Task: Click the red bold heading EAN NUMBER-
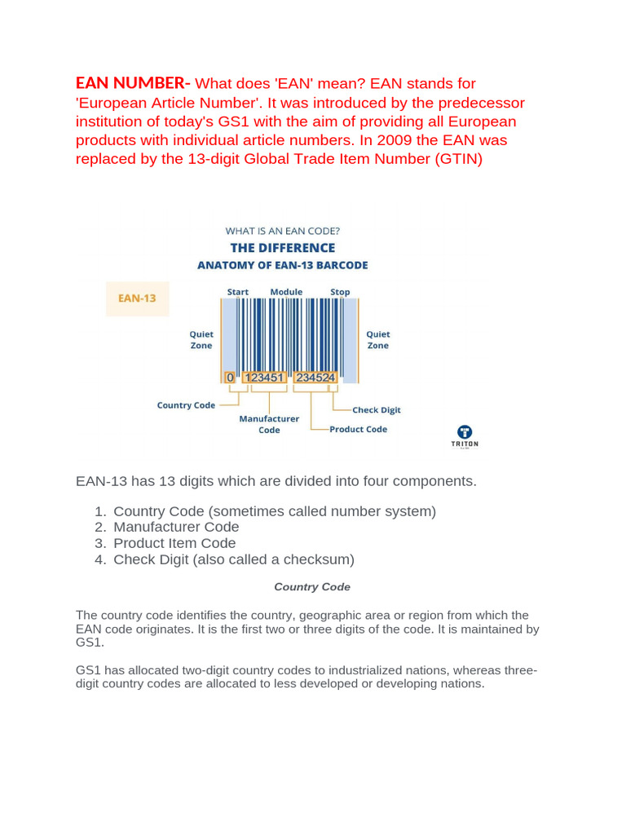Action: [x=133, y=83]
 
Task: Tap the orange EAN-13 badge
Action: [x=137, y=298]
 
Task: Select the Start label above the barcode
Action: [x=238, y=292]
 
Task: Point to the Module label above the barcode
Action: [x=286, y=292]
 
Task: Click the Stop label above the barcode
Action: [x=340, y=292]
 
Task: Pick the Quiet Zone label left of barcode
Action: [x=201, y=339]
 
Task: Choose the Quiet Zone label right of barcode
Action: [x=378, y=339]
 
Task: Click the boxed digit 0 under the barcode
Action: [x=230, y=378]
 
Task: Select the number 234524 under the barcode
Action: [x=315, y=378]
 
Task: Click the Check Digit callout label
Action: [x=377, y=410]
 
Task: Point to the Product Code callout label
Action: [x=359, y=429]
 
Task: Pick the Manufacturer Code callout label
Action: [x=269, y=424]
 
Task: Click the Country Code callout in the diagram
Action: [x=186, y=405]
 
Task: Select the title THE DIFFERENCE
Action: [x=282, y=248]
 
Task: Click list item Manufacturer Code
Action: [x=176, y=527]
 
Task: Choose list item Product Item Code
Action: [x=174, y=543]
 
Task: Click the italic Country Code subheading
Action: [x=312, y=587]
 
